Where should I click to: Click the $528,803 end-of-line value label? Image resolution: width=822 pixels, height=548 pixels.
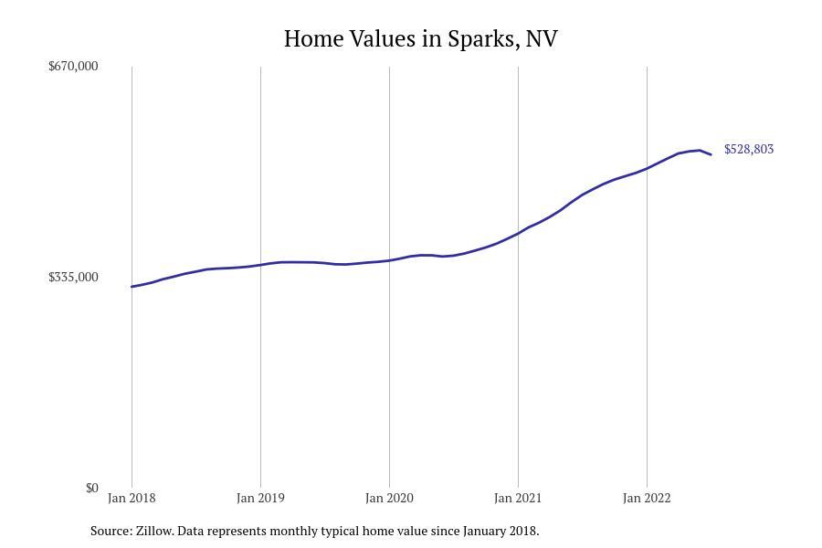[x=748, y=149]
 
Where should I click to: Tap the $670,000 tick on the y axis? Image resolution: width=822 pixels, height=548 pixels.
[x=73, y=66]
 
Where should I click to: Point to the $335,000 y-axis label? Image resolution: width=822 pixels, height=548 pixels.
[x=73, y=277]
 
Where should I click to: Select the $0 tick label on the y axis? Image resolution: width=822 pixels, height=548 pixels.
[x=91, y=488]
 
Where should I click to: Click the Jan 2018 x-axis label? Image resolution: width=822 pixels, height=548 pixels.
[x=132, y=498]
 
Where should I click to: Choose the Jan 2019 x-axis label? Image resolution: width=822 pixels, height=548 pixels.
[x=260, y=498]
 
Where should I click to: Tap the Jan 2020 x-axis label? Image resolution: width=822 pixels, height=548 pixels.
[x=389, y=498]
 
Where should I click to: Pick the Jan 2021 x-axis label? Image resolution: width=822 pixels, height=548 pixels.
[x=518, y=498]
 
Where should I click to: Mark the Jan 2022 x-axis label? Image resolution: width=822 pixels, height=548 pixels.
[x=647, y=498]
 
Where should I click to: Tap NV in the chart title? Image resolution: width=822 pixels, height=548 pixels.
[x=542, y=39]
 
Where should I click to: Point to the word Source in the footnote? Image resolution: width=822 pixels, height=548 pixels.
[x=110, y=531]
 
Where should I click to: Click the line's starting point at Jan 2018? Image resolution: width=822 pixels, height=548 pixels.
[x=132, y=287]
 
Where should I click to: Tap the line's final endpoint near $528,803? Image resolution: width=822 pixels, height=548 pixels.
[x=711, y=154]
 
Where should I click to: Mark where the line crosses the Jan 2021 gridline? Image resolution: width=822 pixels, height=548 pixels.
[x=518, y=234]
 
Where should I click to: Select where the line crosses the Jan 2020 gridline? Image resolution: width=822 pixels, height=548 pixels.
[x=389, y=260]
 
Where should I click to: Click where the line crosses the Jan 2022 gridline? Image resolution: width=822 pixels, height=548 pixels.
[x=647, y=168]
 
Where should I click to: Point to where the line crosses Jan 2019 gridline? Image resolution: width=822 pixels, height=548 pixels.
[x=260, y=265]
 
